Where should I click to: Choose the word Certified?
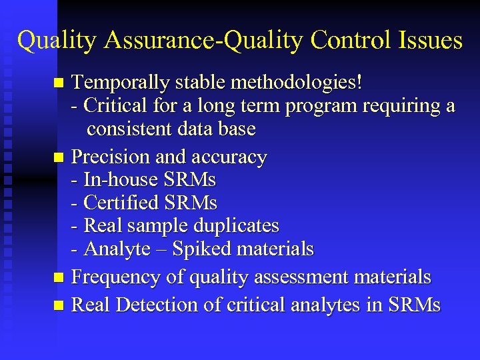(121, 203)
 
